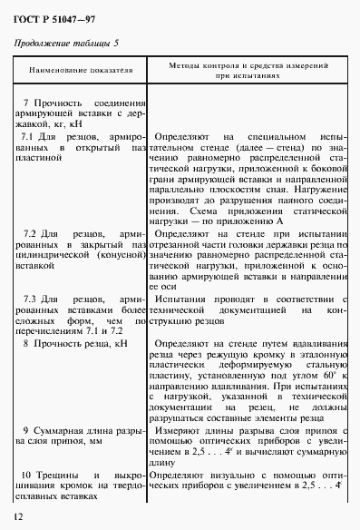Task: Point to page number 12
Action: tap(19, 516)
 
